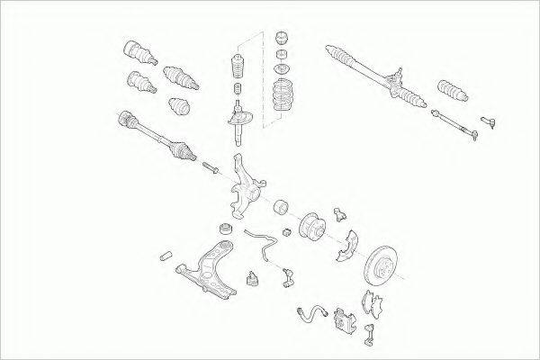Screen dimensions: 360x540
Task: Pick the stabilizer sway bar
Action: point(261,243)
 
